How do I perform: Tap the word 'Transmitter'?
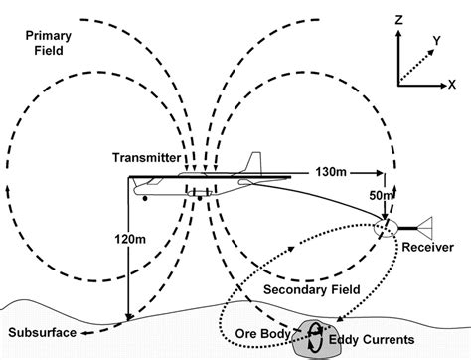(x=146, y=157)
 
